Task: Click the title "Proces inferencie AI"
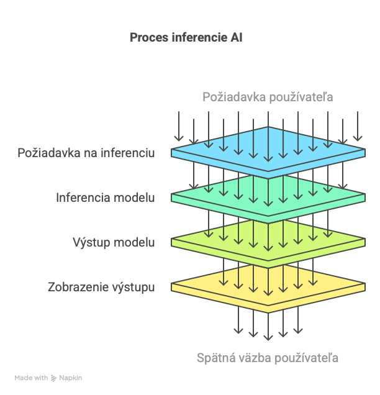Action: tap(186, 37)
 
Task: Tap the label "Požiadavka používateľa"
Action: tap(268, 97)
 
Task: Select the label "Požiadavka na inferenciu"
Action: tap(86, 153)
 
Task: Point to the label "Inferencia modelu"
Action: tap(106, 197)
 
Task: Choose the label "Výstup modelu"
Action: tap(114, 242)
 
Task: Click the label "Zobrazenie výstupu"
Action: tap(101, 287)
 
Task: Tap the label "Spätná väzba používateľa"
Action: tap(268, 358)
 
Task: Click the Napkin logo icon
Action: tap(54, 378)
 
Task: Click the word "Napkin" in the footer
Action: tap(71, 378)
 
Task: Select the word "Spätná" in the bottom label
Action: tap(215, 358)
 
